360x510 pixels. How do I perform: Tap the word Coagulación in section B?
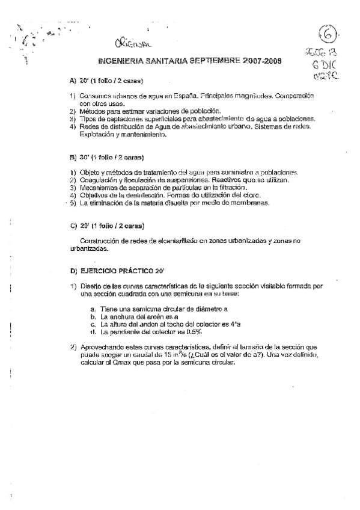point(100,180)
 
